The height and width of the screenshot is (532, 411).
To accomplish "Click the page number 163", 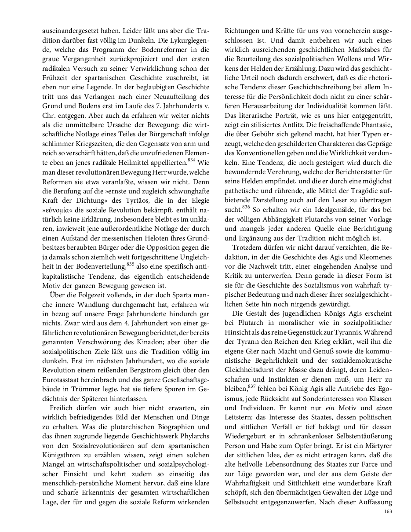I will [388, 511].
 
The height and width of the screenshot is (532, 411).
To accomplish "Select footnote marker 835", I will [130, 264].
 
